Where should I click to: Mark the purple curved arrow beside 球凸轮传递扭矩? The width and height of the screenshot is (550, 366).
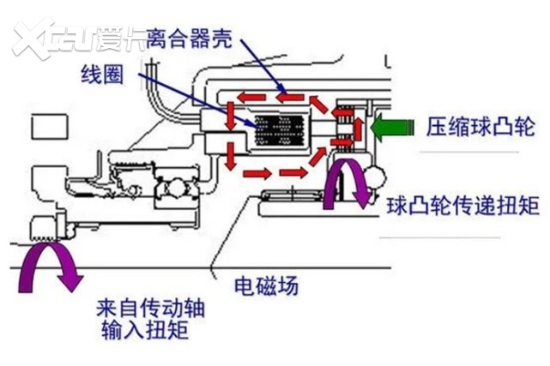point(348,182)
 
